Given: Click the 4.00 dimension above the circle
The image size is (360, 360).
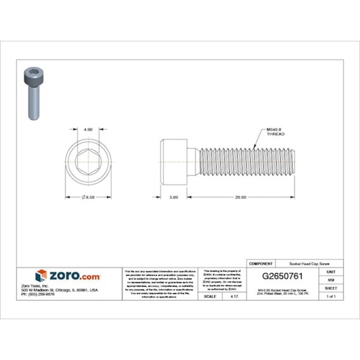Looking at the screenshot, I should coord(88,129).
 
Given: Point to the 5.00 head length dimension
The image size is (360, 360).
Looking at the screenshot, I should coord(173,197).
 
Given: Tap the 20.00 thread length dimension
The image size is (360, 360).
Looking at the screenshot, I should coord(240,197).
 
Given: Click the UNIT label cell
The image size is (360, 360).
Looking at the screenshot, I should coord(331,271).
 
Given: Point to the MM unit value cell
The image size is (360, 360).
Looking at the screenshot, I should coord(331,279).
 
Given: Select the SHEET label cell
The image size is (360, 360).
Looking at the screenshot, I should coord(331,287).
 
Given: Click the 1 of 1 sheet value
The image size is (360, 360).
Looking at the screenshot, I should coord(331,296).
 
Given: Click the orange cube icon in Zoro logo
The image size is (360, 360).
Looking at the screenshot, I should coord(41,275).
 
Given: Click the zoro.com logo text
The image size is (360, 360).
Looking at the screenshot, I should coord(73,276).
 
